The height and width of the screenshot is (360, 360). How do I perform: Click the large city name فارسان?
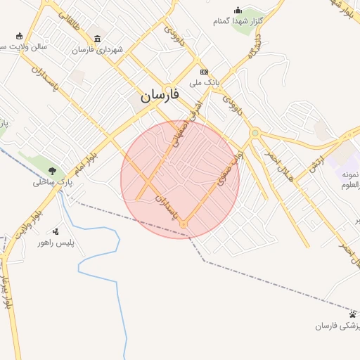(x=160, y=95)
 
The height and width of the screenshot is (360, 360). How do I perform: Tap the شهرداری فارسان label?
(x=97, y=50)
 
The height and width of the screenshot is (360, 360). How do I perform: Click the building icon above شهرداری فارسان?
(x=97, y=38)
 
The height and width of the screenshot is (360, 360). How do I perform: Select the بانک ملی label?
(x=205, y=83)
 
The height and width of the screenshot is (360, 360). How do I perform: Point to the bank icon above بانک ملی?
(x=204, y=72)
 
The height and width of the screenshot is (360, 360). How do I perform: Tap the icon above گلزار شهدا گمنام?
(x=238, y=10)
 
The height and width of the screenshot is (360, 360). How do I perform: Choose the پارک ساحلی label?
(x=51, y=183)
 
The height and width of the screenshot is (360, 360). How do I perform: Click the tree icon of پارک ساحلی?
(x=53, y=171)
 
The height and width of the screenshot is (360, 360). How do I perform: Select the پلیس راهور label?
(x=56, y=243)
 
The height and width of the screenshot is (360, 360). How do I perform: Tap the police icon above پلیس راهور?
(x=56, y=231)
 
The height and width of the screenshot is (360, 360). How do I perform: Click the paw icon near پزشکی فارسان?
(x=353, y=314)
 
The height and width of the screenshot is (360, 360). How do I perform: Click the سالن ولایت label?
(x=22, y=47)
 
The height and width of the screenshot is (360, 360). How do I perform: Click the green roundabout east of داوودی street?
(x=255, y=132)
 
